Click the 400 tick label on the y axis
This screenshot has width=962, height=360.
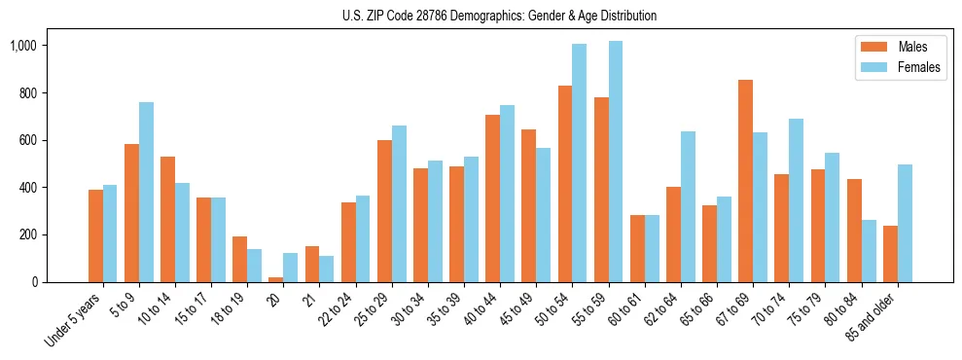[28, 188]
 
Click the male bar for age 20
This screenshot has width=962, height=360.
[276, 279]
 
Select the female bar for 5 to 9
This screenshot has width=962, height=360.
[146, 192]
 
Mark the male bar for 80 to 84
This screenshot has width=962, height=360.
[854, 231]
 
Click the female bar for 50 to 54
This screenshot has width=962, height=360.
[580, 162]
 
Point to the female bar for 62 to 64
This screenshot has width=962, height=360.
[688, 206]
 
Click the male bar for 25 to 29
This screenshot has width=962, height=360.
[384, 211]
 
